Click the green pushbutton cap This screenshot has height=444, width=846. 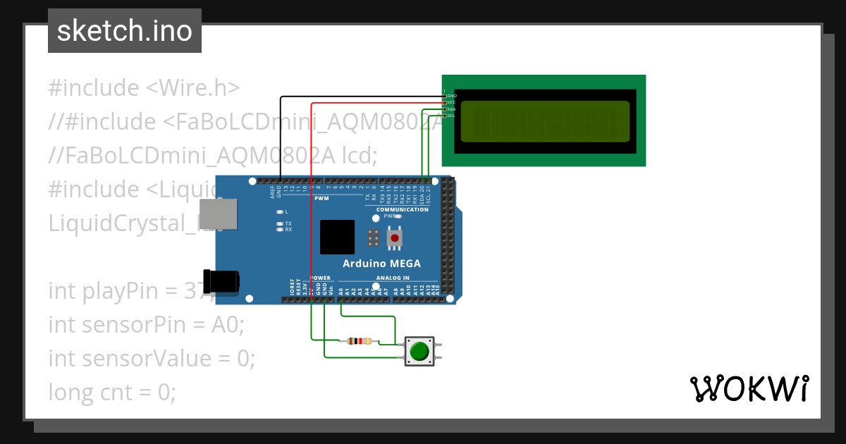(420, 350)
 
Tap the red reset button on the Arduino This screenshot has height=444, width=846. (395, 238)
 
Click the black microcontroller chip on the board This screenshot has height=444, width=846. (337, 237)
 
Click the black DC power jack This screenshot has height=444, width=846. (220, 282)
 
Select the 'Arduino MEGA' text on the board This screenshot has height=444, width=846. (381, 264)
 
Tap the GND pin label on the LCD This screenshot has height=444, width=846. (452, 95)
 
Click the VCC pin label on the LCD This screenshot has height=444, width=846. (452, 102)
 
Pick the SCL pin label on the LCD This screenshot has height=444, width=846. (452, 116)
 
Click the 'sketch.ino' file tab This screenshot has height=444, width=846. (125, 31)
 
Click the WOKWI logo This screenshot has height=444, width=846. (749, 388)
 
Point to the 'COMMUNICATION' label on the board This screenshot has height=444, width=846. (402, 209)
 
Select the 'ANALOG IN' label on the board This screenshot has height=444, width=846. (393, 278)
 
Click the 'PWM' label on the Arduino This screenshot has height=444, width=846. (321, 199)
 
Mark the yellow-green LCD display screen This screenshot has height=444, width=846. (544, 121)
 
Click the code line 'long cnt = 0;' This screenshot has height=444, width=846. (111, 392)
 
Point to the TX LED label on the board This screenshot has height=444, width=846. (288, 223)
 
